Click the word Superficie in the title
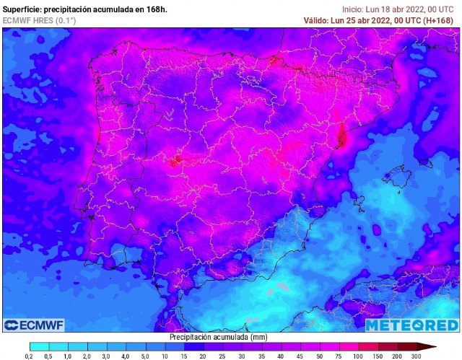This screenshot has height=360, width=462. click(21, 9)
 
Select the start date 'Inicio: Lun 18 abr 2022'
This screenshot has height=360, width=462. click(387, 9)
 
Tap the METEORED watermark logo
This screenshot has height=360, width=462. click(411, 325)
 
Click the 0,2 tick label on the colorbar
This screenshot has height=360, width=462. click(29, 356)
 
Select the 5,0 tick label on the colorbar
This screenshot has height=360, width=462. click(145, 356)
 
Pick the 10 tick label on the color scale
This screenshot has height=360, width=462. click(165, 356)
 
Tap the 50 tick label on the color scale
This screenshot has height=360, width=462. click(320, 356)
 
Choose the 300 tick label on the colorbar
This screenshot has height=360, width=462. click(417, 356)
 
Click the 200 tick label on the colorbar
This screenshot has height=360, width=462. click(397, 356)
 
